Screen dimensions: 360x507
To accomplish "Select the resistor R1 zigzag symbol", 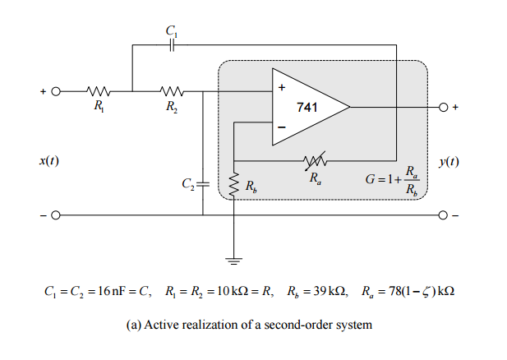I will [x=99, y=91].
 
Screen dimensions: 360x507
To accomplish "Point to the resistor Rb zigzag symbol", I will [x=235, y=186].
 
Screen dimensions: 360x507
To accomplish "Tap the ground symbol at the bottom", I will [x=235, y=261].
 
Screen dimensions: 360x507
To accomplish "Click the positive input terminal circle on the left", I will [x=56, y=91].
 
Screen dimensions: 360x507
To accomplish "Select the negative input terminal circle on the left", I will [x=56, y=215].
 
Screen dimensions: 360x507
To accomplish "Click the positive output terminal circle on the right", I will [x=444, y=107].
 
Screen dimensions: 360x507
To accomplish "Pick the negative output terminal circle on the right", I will [x=444, y=215].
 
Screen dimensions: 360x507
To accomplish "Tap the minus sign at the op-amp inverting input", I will [x=281, y=127].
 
